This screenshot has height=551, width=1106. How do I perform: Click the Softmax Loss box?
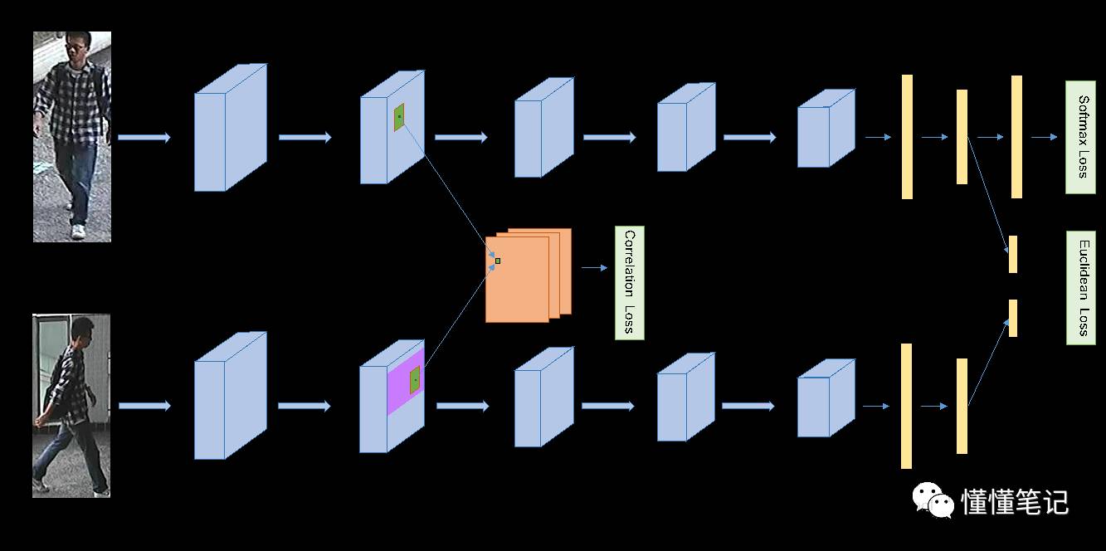(1080, 137)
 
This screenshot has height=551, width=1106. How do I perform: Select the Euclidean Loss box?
(1080, 287)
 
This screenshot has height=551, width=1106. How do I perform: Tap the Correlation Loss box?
(629, 282)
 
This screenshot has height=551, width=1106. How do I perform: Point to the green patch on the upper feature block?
(399, 117)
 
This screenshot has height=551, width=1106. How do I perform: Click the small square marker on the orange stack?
(498, 261)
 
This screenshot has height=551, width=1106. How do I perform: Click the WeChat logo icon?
(933, 500)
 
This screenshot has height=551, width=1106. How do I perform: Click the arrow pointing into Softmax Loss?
(1044, 137)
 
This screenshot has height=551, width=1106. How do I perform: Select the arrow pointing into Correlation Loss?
(594, 268)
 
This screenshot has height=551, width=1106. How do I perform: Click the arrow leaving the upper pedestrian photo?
(144, 137)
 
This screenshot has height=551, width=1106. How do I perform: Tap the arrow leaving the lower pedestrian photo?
(144, 406)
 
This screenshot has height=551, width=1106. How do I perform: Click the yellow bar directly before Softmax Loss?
(1016, 137)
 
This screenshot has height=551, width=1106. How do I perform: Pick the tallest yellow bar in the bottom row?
(906, 406)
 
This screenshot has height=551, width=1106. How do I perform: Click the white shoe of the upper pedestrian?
(78, 232)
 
